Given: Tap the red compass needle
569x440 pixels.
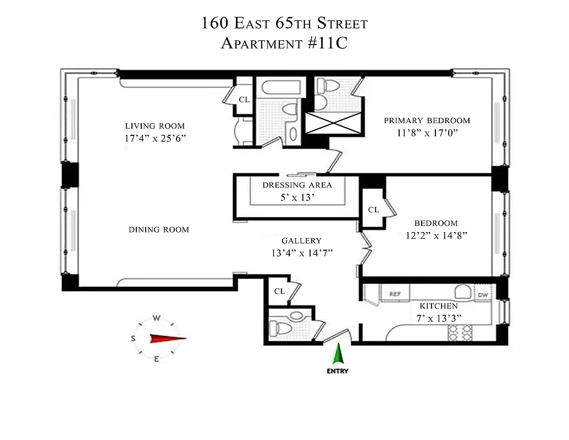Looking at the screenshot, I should point(168,339).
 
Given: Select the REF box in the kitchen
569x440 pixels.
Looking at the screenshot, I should point(395,294).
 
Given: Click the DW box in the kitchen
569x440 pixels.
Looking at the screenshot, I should point(483,295).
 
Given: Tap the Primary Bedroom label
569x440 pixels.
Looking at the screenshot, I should point(427,120).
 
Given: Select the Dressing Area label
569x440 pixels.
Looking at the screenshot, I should point(297,185).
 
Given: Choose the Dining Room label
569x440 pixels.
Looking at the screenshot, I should point(159,229).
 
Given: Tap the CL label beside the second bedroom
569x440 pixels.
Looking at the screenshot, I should point(373,210).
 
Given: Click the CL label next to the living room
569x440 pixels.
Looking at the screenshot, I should point(244,100).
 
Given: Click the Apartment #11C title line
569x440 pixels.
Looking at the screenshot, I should point(284,43).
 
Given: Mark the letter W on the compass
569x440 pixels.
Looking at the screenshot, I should point(157,318).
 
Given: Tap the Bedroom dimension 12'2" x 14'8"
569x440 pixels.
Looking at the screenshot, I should point(436,235).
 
